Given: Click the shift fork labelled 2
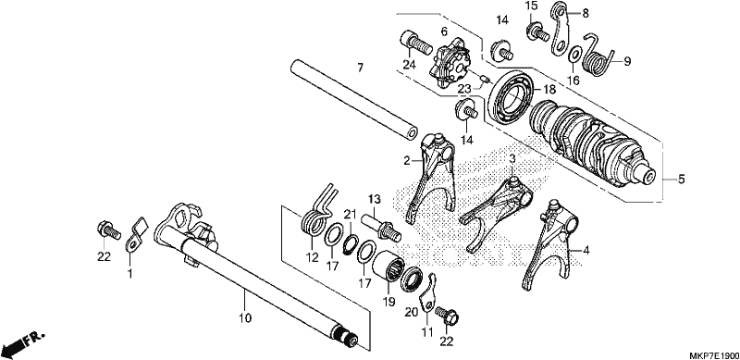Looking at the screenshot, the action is click(433, 180).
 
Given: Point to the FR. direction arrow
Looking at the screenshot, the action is click(22, 345).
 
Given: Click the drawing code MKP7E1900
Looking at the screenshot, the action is click(714, 354).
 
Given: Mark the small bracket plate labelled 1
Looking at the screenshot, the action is click(134, 236).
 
